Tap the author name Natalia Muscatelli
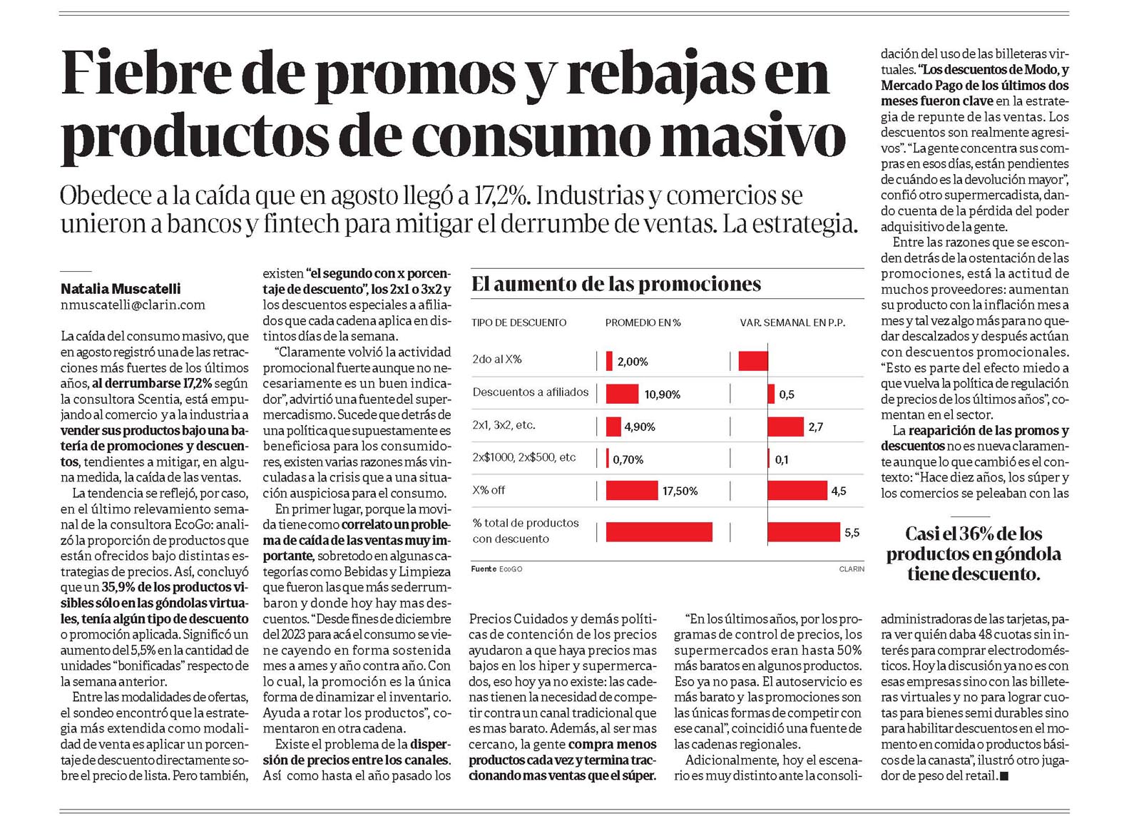click(121, 289)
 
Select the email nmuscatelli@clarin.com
click(133, 305)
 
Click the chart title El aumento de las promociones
click(616, 284)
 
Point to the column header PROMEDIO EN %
click(643, 322)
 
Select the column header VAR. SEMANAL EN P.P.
click(792, 322)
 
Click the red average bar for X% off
click(632, 490)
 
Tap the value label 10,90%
click(663, 394)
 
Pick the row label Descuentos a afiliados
click(530, 392)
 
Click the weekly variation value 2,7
click(815, 427)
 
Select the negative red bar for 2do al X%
click(753, 362)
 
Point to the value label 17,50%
click(680, 491)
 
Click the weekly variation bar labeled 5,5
click(803, 532)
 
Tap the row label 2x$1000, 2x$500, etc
click(523, 458)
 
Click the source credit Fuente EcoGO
click(496, 569)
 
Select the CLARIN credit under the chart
click(852, 569)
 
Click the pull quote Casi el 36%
click(974, 554)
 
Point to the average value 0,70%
click(628, 459)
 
